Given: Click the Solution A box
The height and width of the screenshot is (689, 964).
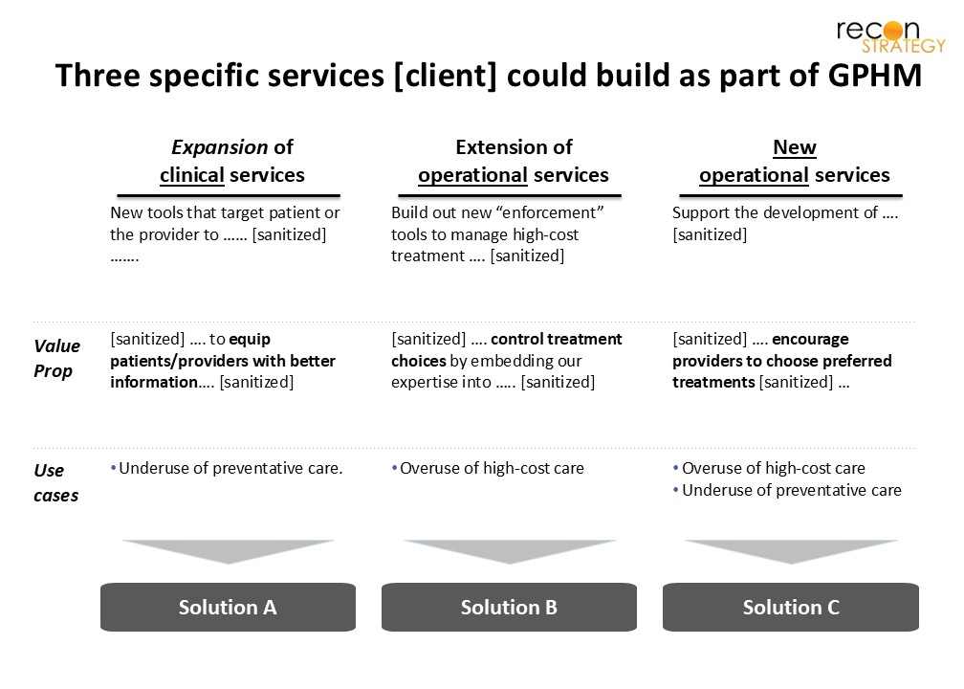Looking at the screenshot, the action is tap(228, 607).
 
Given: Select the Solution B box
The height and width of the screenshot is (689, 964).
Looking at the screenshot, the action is tap(509, 607).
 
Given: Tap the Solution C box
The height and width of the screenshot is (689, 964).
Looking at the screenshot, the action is tap(791, 607).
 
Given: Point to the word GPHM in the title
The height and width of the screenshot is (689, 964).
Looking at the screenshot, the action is tap(875, 76).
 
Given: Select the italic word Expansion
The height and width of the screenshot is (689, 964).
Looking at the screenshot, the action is tap(220, 147).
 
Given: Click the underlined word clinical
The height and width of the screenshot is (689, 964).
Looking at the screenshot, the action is tap(192, 175).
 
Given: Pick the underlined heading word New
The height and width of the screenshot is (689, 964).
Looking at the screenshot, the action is tap(795, 147).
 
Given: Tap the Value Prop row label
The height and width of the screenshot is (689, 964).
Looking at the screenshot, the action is tap(56, 358).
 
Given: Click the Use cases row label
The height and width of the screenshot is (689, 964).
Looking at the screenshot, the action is tap(55, 482).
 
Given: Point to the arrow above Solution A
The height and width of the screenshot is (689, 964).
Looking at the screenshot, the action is tap(228, 551).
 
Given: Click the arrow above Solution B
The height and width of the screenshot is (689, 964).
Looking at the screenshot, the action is tap(509, 551).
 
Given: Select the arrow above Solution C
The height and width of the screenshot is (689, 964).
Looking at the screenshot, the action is tap(791, 551).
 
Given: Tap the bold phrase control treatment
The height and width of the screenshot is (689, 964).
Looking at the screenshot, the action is tap(557, 339).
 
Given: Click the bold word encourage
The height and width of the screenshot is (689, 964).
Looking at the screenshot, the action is tap(810, 340).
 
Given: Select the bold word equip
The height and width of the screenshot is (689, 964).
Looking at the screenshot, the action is tap(250, 340).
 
